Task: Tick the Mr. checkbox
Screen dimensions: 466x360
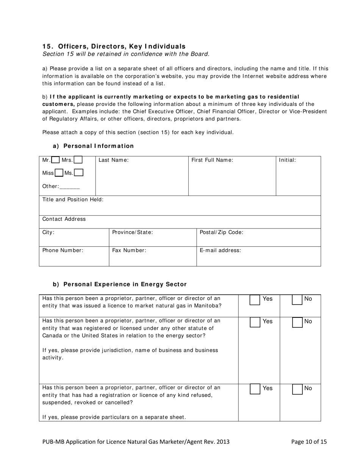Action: click(x=55, y=160)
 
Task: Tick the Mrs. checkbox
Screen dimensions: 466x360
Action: click(x=78, y=160)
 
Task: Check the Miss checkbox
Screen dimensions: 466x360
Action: click(x=59, y=173)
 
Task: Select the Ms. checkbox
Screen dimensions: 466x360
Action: click(x=79, y=173)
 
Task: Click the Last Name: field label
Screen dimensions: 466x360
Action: click(x=114, y=160)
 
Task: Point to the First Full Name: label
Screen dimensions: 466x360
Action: click(x=212, y=160)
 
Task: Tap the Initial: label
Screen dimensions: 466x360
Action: click(x=287, y=160)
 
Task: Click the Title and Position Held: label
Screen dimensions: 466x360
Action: click(x=73, y=200)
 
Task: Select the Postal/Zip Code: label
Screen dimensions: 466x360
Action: click(x=221, y=232)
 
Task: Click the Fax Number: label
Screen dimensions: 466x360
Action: click(x=129, y=250)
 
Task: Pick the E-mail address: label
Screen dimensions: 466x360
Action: click(x=220, y=250)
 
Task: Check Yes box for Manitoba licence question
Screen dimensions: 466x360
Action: click(x=255, y=300)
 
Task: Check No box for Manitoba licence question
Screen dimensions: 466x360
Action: click(x=297, y=300)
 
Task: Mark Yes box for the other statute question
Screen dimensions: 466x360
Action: click(x=255, y=322)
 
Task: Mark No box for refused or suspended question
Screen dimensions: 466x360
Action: click(x=297, y=389)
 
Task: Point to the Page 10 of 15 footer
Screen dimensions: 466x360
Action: click(x=309, y=441)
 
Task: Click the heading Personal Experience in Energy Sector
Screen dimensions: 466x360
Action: click(x=125, y=284)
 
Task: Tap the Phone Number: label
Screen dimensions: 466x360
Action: click(x=63, y=250)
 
